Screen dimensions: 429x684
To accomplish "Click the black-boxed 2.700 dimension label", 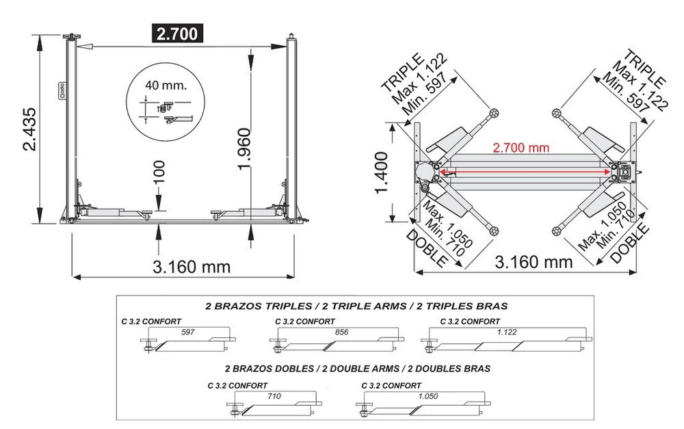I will point(177,34).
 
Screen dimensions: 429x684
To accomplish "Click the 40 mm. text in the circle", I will point(165,86).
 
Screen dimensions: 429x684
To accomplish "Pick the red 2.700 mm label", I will point(521,147).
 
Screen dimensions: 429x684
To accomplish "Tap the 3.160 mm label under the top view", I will point(533,261).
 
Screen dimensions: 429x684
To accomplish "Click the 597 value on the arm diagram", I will point(188,331).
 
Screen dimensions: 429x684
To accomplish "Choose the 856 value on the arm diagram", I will point(344,331).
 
